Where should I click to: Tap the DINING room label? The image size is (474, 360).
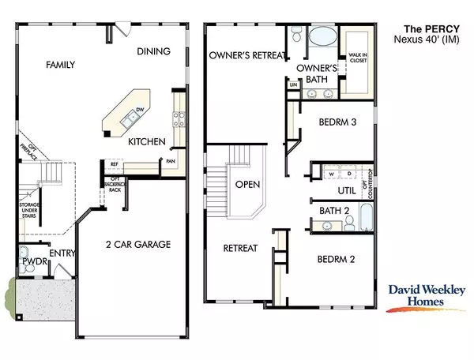click(x=153, y=52)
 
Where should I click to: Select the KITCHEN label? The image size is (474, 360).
click(x=147, y=142)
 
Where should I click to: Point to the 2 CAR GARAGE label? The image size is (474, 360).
click(x=139, y=245)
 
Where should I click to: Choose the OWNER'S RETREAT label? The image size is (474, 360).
click(x=245, y=56)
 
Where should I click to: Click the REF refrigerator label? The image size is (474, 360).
click(x=113, y=167)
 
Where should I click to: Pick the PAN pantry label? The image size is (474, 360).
click(x=171, y=161)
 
